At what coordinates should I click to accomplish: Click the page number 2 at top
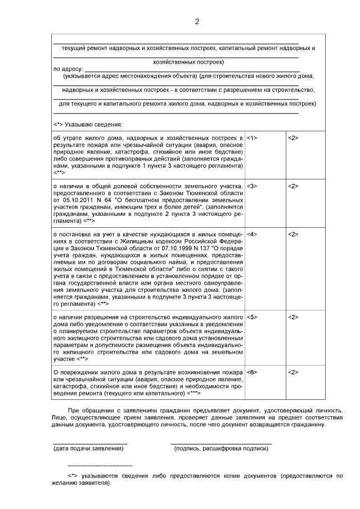tap(197, 22)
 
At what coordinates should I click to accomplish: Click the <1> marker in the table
tap(252, 138)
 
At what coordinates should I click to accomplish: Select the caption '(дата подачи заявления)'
tap(88, 448)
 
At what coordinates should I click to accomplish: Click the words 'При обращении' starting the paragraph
tap(85, 410)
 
